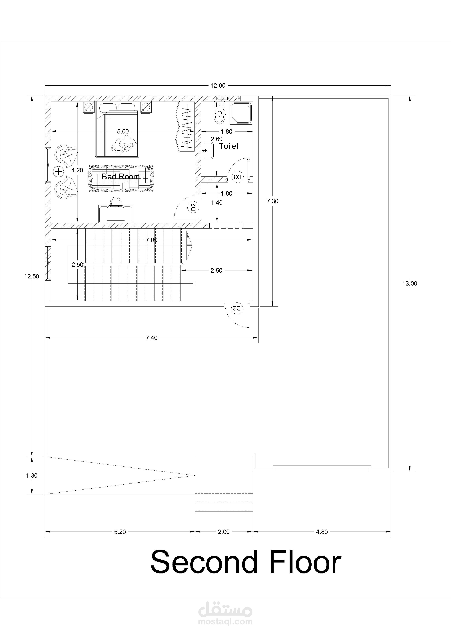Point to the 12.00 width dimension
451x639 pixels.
(x=218, y=85)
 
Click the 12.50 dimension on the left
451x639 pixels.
(x=32, y=276)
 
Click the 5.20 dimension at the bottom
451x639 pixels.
(x=120, y=532)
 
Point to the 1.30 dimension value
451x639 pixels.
(x=32, y=476)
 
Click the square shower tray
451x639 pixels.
(x=241, y=113)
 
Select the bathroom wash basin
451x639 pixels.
(x=208, y=151)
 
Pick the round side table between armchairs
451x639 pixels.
(x=59, y=172)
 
